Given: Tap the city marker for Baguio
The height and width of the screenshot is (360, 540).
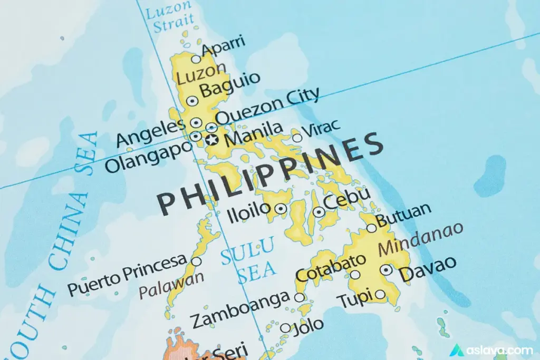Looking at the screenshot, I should [x=192, y=101].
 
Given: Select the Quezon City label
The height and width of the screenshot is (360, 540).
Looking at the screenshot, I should [x=268, y=106].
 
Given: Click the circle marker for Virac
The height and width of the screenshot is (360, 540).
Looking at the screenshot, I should [x=297, y=138].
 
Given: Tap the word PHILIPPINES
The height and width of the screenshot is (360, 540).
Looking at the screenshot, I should [x=271, y=174].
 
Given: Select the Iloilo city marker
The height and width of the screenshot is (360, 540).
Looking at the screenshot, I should [x=281, y=209].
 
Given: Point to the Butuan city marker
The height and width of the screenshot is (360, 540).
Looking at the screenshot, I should [x=371, y=228].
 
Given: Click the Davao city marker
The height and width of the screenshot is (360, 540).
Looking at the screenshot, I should [x=387, y=270].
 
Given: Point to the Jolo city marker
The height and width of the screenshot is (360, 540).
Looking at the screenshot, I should [x=285, y=328].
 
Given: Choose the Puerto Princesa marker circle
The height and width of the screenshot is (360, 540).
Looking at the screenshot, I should [x=196, y=261].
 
